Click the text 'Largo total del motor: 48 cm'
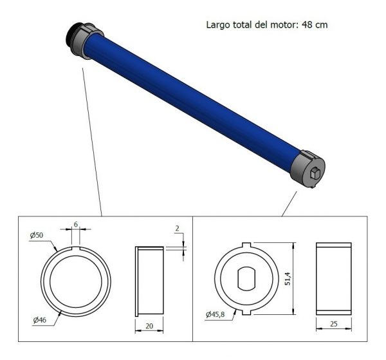point(268,25)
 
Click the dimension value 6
point(76,223)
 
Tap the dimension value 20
point(149,327)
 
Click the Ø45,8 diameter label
point(217,314)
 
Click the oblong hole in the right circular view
point(248,279)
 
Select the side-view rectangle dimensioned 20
point(149,280)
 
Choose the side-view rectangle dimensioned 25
point(333,278)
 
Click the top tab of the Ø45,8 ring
point(248,244)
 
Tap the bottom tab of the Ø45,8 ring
point(248,314)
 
